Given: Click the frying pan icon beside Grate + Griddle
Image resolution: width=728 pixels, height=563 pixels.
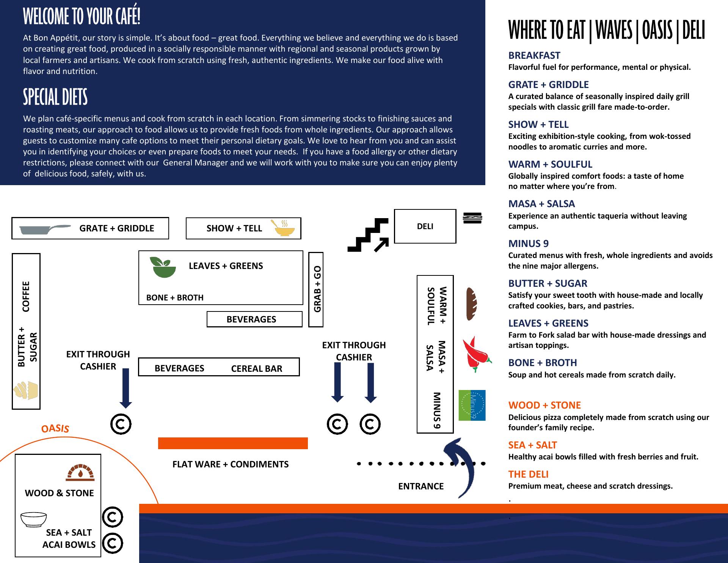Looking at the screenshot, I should click(45, 229).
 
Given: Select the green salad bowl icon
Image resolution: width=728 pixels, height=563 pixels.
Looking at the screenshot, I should click(163, 267).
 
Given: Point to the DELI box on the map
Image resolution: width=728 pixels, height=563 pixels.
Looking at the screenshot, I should click(425, 226).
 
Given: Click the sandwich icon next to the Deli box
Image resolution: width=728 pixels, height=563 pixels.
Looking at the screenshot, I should click(472, 218).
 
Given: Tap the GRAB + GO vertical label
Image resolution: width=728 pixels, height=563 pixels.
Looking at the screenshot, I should click(317, 289).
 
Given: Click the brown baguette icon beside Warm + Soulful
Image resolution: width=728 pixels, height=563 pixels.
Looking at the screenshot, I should click(471, 304).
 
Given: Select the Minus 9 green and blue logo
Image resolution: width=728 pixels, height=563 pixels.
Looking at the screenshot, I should click(472, 405).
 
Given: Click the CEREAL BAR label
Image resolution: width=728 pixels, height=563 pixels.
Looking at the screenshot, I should click(257, 369).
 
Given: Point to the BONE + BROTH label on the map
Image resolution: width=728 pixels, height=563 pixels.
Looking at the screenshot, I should click(175, 298).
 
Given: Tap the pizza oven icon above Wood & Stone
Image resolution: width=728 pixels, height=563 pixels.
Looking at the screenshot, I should click(80, 472).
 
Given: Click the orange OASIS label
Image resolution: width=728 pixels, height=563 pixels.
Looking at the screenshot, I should click(55, 428).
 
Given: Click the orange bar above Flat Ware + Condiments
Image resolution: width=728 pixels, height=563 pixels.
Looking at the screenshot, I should click(233, 443).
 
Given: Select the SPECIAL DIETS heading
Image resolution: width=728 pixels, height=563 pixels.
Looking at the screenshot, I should click(55, 97).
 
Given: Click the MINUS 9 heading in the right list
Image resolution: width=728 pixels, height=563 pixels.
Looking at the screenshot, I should click(528, 244).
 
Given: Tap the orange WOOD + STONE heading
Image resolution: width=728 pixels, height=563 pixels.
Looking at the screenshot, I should click(544, 405).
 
